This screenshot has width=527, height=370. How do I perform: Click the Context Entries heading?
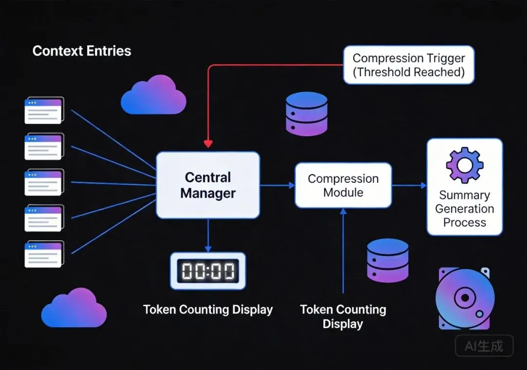pyautogui.click(x=81, y=51)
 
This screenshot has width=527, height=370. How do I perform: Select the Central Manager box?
pyautogui.click(x=208, y=185)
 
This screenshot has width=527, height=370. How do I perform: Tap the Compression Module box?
pyautogui.click(x=343, y=185)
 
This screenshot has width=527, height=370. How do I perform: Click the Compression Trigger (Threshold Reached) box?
pyautogui.click(x=408, y=65)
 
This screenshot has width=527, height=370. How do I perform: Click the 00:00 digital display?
pyautogui.click(x=208, y=271)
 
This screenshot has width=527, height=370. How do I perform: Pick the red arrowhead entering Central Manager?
pyautogui.click(x=208, y=144)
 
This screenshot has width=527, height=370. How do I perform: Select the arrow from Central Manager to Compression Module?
pyautogui.click(x=277, y=185)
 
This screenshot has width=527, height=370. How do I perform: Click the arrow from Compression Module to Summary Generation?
pyautogui.click(x=409, y=185)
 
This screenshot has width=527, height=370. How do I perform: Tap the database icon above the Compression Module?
pyautogui.click(x=306, y=114)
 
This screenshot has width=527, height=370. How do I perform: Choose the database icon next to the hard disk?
pyautogui.click(x=387, y=261)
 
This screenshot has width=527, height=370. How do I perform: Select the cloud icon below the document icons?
pyautogui.click(x=74, y=308)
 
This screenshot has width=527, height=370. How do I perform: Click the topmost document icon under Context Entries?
pyautogui.click(x=44, y=111)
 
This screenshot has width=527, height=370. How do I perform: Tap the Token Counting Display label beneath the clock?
pyautogui.click(x=208, y=310)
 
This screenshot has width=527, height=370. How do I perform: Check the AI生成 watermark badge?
pyautogui.click(x=484, y=346)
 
